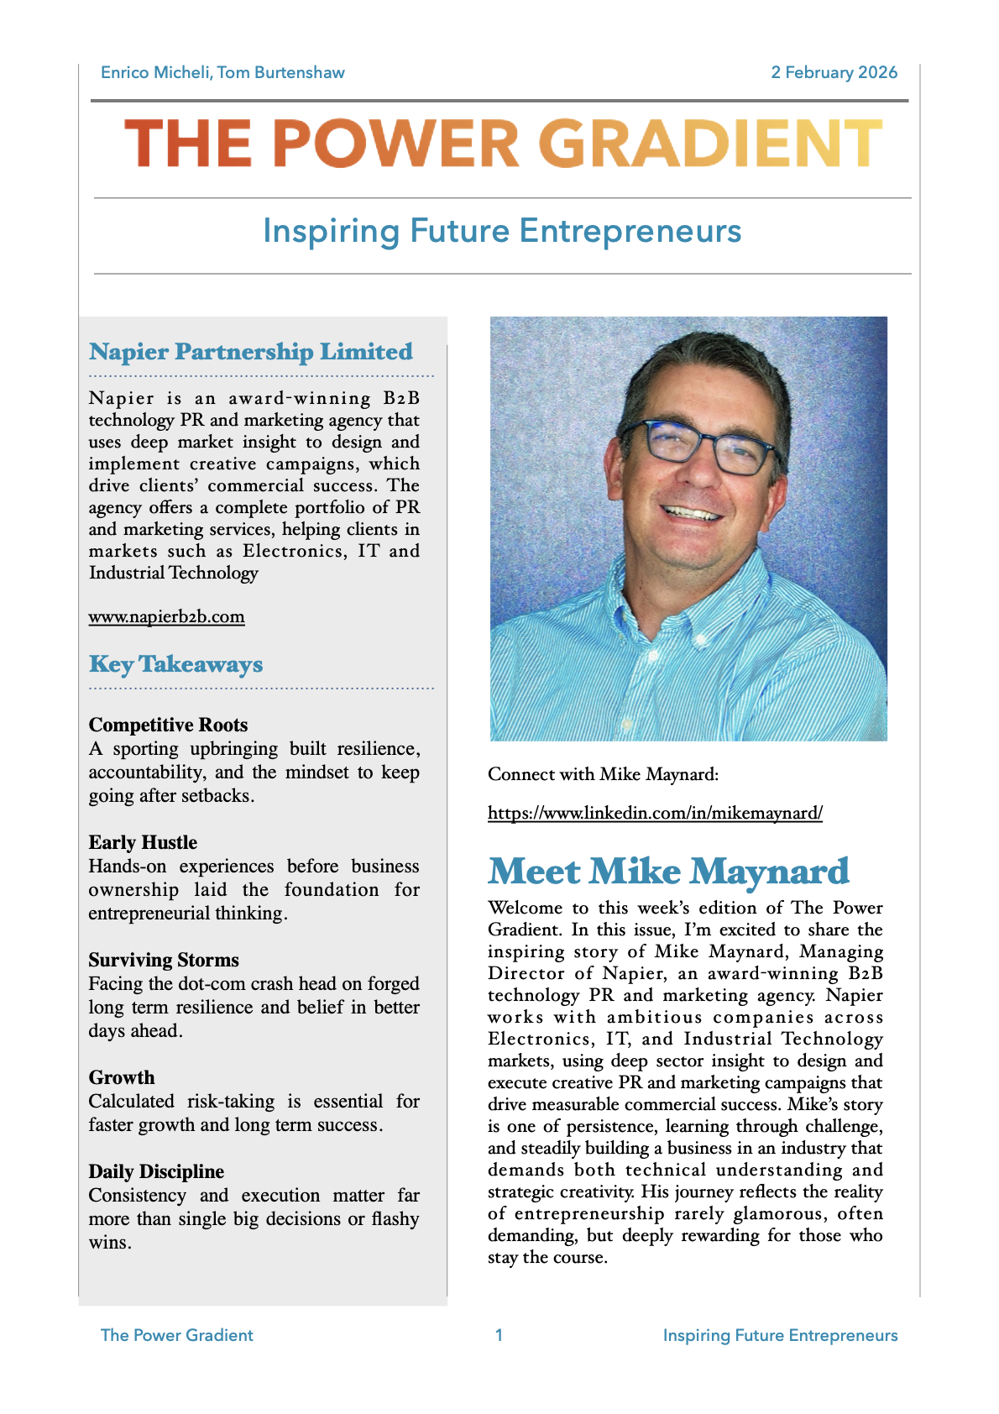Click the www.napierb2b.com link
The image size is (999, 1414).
(166, 617)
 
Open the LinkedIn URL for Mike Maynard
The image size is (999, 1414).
(655, 813)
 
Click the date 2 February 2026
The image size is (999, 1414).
(834, 73)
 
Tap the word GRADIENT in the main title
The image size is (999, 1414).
(709, 144)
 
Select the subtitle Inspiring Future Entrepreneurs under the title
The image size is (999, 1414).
(502, 231)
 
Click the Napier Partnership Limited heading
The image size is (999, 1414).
(251, 352)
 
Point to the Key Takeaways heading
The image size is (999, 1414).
(175, 664)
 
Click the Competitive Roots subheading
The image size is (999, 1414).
(168, 725)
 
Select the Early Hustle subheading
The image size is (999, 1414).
(143, 842)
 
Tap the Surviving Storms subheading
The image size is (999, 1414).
(164, 960)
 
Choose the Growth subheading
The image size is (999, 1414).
(122, 1077)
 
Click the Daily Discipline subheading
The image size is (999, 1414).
(156, 1171)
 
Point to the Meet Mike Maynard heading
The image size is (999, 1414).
(668, 872)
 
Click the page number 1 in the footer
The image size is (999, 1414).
(499, 1335)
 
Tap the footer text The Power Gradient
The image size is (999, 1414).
(176, 1335)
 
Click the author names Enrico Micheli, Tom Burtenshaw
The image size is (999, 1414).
(222, 73)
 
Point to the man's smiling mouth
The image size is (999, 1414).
(693, 511)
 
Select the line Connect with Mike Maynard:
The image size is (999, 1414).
(603, 774)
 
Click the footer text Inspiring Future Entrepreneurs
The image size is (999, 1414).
(780, 1335)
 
